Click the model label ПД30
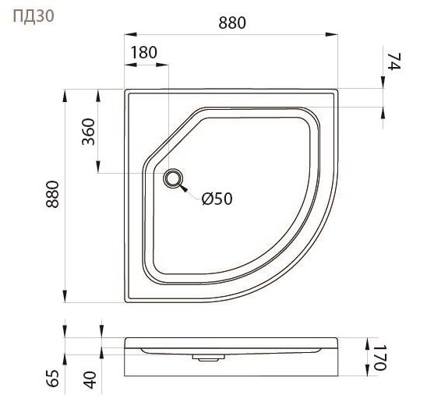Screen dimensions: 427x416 [x=34, y=16]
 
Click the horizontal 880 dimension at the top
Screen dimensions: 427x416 [x=232, y=23]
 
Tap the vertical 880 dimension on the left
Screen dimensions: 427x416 [x=52, y=194]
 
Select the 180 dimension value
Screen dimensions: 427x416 [x=144, y=52]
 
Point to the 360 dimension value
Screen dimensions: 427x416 [x=89, y=132]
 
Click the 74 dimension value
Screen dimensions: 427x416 [x=393, y=62]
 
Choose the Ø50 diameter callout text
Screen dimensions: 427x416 [x=217, y=199]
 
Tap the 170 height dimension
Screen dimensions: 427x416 [x=379, y=358]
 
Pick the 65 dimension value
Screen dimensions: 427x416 [x=52, y=378]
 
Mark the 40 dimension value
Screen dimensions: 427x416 [x=90, y=380]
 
